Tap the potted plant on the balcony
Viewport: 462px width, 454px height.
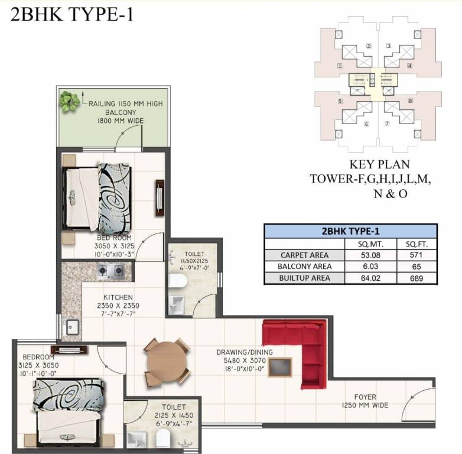coord(70,101)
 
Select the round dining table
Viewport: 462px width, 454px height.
coord(167,361)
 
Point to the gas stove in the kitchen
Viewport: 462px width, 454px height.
coord(110,271)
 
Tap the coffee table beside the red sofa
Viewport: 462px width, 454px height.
coord(281,367)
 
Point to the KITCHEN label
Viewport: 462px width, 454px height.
coord(119,297)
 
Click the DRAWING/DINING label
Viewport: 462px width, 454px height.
coord(245,352)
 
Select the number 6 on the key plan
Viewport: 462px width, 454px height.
coord(366,124)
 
